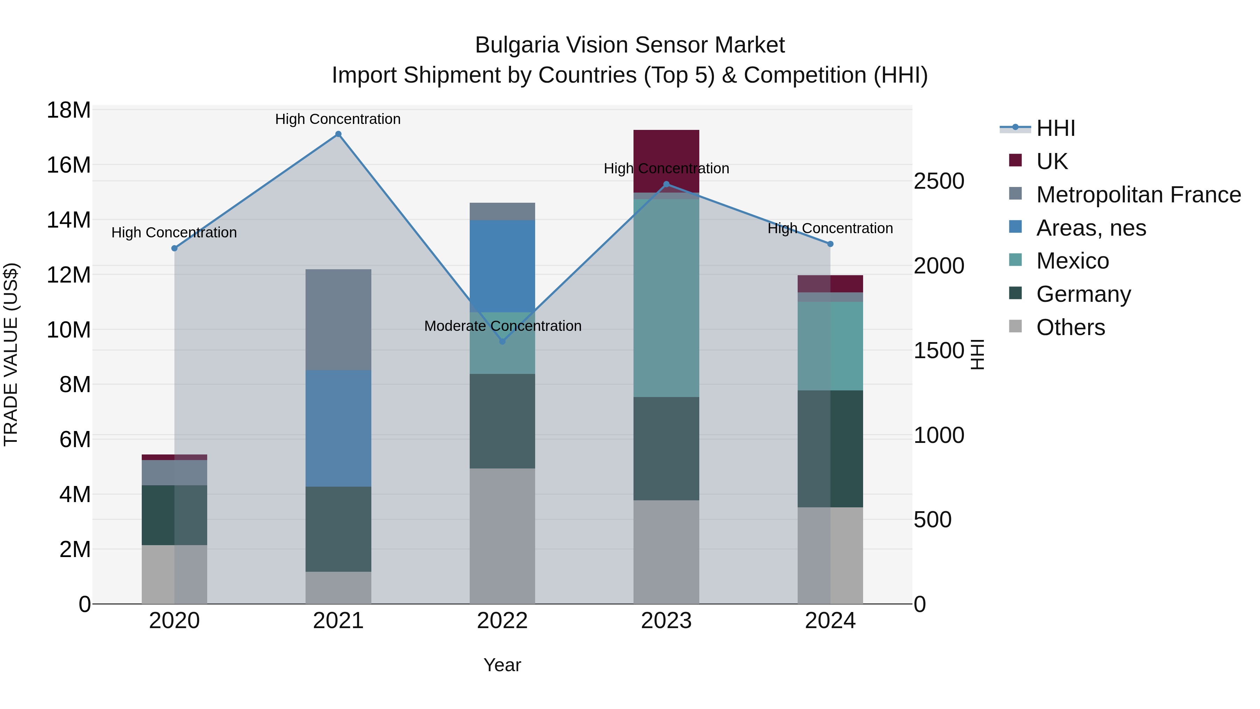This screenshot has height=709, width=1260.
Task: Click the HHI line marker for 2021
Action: pos(338,134)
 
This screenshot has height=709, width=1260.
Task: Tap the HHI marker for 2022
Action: pos(502,341)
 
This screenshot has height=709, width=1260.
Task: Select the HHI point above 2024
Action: pos(830,244)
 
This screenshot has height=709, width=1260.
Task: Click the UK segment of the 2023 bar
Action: pos(666,147)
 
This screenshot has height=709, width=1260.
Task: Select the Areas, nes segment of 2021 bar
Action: pos(338,428)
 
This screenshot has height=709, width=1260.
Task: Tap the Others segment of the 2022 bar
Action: pos(502,536)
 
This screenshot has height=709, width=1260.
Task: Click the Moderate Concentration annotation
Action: pos(502,326)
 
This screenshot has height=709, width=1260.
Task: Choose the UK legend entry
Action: pos(1052,161)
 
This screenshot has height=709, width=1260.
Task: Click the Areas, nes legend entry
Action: pos(1091,228)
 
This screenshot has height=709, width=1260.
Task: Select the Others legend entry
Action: pos(1070,327)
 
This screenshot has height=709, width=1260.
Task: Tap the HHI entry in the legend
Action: pos(1056,128)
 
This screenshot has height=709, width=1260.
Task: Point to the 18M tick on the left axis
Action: pos(69,110)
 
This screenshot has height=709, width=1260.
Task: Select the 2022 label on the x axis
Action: pos(502,621)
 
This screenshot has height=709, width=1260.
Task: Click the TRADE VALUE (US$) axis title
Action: pos(11,354)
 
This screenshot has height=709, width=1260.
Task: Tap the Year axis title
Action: pos(502,665)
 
